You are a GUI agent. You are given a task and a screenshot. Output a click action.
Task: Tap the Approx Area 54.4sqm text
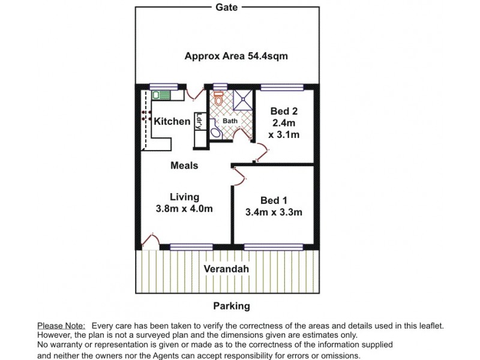(236, 57)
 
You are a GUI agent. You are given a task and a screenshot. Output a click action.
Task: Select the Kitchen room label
(172, 122)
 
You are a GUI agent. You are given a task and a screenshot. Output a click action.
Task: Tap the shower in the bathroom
(243, 100)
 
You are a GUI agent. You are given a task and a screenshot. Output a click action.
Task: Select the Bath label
(230, 121)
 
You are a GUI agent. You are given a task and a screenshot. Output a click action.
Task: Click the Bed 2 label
(284, 111)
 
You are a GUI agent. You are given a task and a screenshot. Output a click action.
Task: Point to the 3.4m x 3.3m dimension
(274, 212)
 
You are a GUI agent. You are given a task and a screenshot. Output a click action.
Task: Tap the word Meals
(184, 165)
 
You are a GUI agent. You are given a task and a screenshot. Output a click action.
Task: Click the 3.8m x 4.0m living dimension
(184, 209)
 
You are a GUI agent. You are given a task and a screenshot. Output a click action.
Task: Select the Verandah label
(226, 269)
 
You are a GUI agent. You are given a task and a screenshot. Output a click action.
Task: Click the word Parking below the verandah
(231, 306)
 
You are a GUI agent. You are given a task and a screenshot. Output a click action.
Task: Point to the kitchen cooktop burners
(145, 115)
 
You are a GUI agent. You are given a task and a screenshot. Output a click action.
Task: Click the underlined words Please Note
(61, 325)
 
